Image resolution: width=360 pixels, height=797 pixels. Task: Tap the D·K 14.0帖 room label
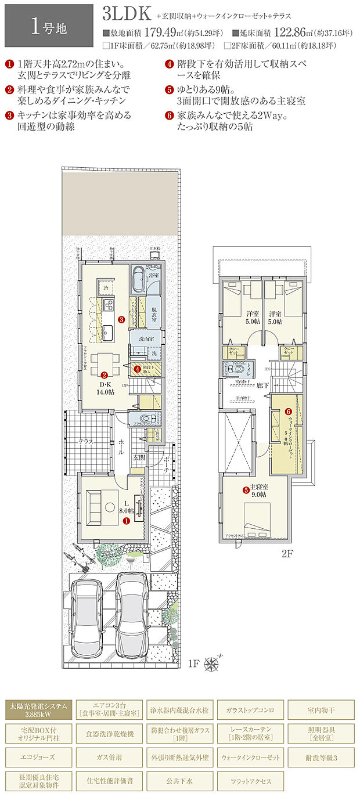tap(105, 388)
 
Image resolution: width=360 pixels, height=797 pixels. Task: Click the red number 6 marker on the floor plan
tap(287, 412)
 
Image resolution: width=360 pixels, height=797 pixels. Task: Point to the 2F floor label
tap(287, 553)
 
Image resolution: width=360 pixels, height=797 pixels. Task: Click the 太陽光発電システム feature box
tap(39, 709)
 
